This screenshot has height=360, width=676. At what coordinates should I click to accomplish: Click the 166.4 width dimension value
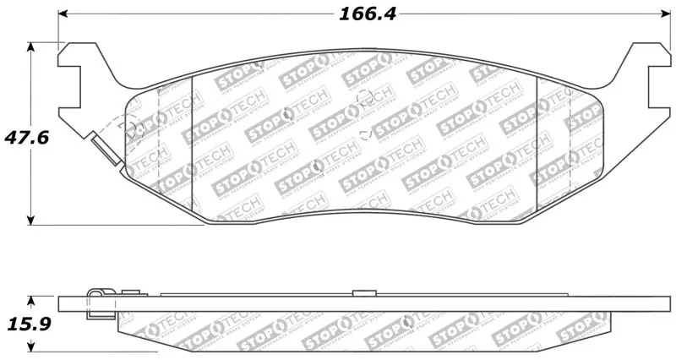click(368, 14)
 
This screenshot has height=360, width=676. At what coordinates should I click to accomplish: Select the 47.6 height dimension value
click(24, 137)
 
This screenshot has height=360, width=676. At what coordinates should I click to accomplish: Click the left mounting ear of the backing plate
click(80, 85)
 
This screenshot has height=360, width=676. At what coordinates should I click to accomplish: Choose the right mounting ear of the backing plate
click(646, 85)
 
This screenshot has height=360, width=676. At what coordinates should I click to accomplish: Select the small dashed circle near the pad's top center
click(366, 99)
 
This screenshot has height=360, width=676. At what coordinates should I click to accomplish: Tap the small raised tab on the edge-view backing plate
click(363, 292)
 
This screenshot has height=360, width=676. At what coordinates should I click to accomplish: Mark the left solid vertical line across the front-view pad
click(194, 144)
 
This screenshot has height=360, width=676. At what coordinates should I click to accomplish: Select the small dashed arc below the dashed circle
click(364, 133)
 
